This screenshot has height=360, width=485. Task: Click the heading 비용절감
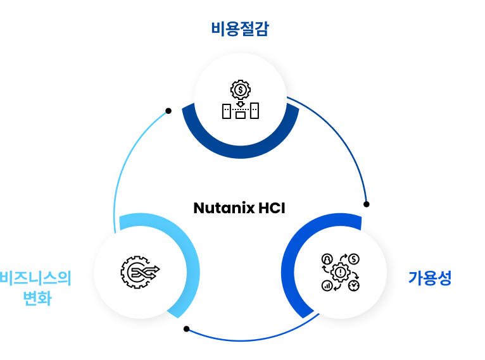coord(239,29)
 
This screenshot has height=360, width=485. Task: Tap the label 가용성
coord(429,278)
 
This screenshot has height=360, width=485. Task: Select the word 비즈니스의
coord(35,278)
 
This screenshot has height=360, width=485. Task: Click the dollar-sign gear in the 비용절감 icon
coord(241,89)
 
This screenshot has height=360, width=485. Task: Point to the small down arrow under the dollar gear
coord(241,103)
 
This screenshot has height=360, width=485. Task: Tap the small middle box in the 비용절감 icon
coord(241,115)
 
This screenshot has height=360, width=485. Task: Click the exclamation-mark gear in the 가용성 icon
coord(341,273)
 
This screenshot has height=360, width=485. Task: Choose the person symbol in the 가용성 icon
coord(327,259)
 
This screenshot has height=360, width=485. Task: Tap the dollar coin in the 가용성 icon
coord(354,259)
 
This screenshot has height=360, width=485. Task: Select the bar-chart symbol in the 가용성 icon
coord(327,286)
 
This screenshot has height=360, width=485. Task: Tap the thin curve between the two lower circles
coord(241,340)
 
